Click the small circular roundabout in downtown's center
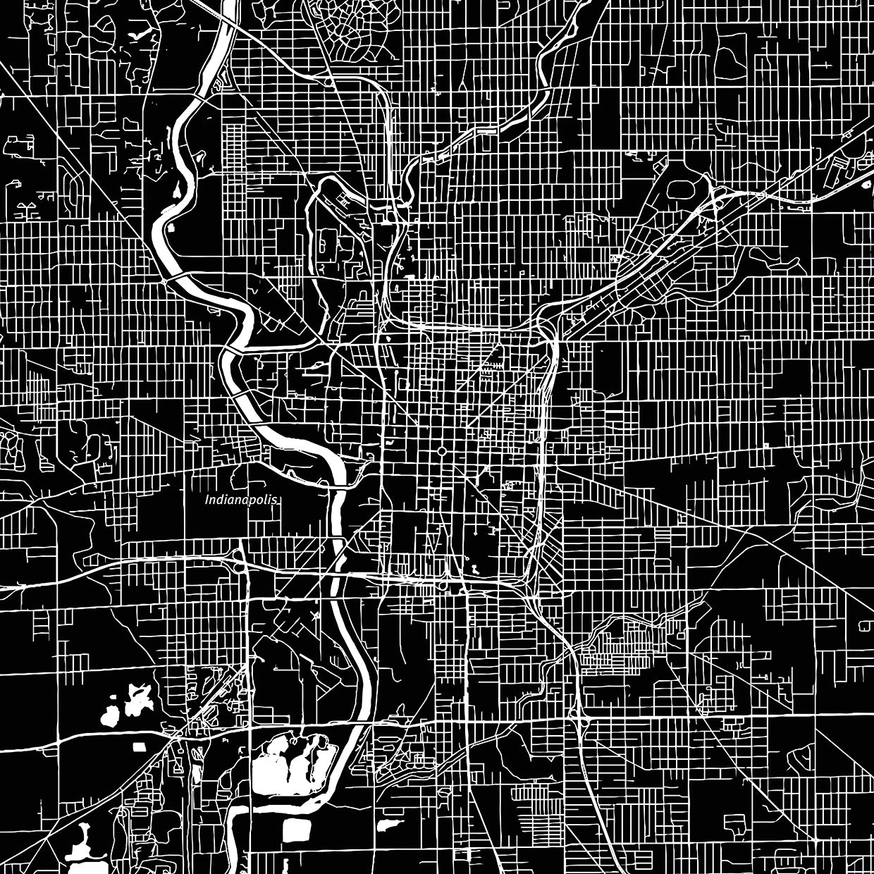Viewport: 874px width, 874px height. tap(441, 450)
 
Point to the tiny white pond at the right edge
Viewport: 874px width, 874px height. tap(865, 624)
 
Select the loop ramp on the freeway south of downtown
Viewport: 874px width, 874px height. tap(443, 584)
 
